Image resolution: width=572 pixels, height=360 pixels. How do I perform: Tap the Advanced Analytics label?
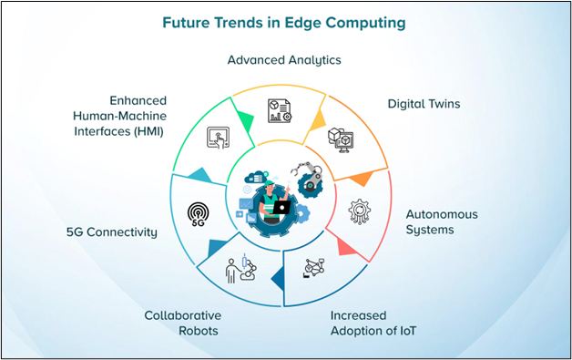(x=284, y=60)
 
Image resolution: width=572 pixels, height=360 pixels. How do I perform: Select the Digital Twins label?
(x=424, y=104)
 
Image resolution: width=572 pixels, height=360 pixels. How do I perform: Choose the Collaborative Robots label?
(x=181, y=324)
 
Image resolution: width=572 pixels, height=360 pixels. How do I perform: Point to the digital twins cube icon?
(x=340, y=138)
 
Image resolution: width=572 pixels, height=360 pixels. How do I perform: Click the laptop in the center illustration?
(x=281, y=208)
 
